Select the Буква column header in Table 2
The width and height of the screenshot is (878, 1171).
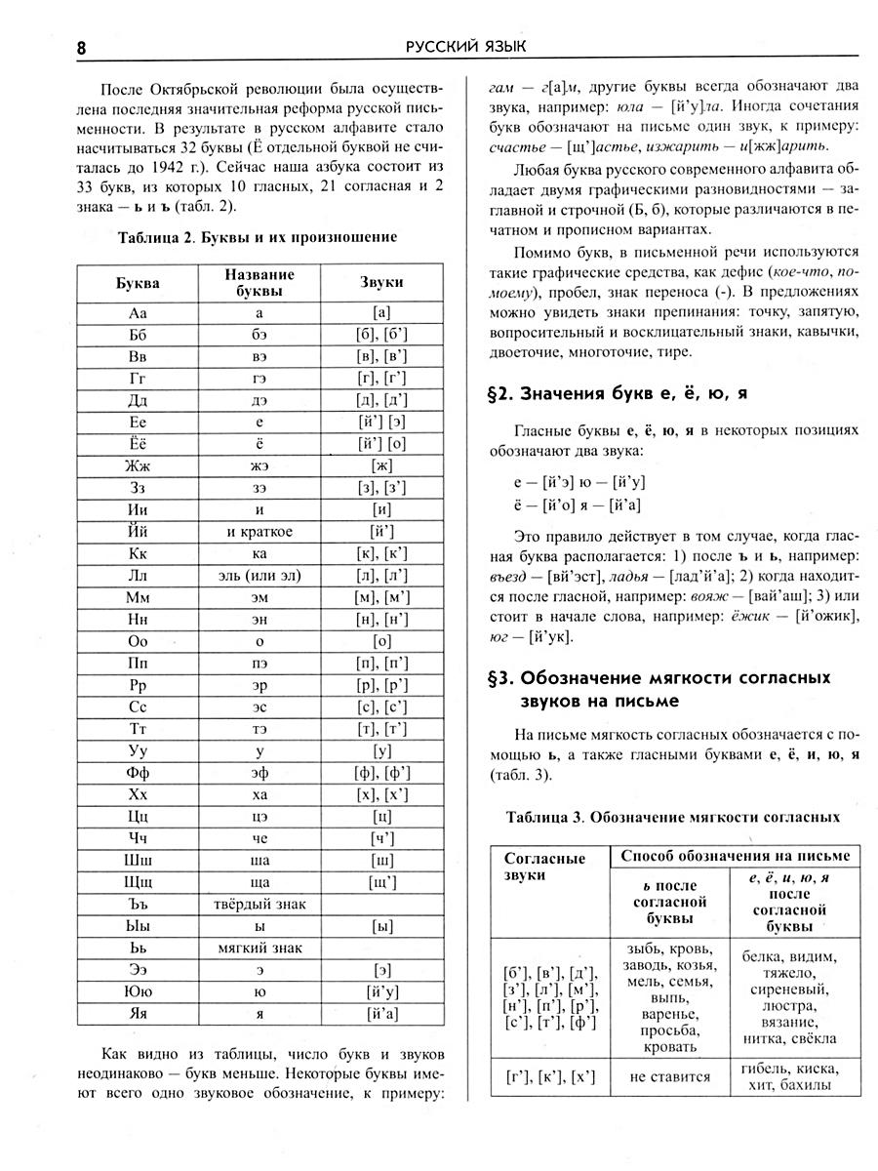[137, 282]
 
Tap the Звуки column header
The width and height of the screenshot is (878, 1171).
[381, 282]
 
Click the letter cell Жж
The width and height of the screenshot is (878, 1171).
[137, 465]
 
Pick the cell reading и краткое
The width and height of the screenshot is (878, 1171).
[259, 532]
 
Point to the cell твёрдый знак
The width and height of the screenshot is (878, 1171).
[259, 903]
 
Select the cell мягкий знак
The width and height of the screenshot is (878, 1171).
[259, 947]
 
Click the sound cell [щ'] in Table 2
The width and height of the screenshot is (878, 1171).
[381, 881]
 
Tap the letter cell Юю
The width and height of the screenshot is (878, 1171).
[137, 990]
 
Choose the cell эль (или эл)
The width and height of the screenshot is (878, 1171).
[259, 576]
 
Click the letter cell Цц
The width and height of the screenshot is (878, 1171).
[137, 816]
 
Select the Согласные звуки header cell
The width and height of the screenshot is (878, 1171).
[545, 867]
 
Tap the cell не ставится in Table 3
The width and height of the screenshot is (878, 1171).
[670, 1078]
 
